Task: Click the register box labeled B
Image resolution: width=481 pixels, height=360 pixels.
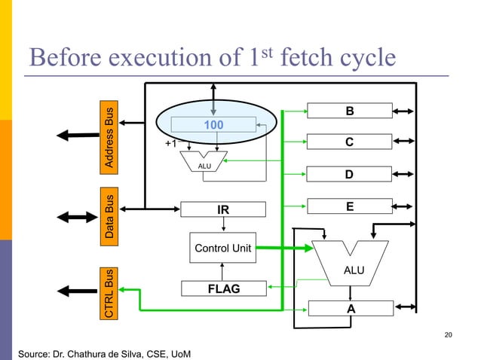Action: [348, 111]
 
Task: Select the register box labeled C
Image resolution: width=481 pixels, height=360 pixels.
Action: [348, 142]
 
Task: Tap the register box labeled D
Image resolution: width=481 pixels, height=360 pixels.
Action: [348, 175]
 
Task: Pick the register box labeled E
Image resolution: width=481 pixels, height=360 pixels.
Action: [348, 206]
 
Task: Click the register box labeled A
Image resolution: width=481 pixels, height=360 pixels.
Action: [349, 308]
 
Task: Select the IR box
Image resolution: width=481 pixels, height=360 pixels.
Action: [223, 209]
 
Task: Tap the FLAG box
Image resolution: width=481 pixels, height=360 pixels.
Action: [222, 288]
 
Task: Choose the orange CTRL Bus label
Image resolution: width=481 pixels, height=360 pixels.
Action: [110, 292]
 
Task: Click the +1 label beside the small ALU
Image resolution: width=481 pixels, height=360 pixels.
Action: [173, 142]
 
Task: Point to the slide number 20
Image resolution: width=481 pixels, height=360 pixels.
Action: [449, 334]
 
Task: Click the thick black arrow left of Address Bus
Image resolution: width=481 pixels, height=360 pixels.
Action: [78, 136]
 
